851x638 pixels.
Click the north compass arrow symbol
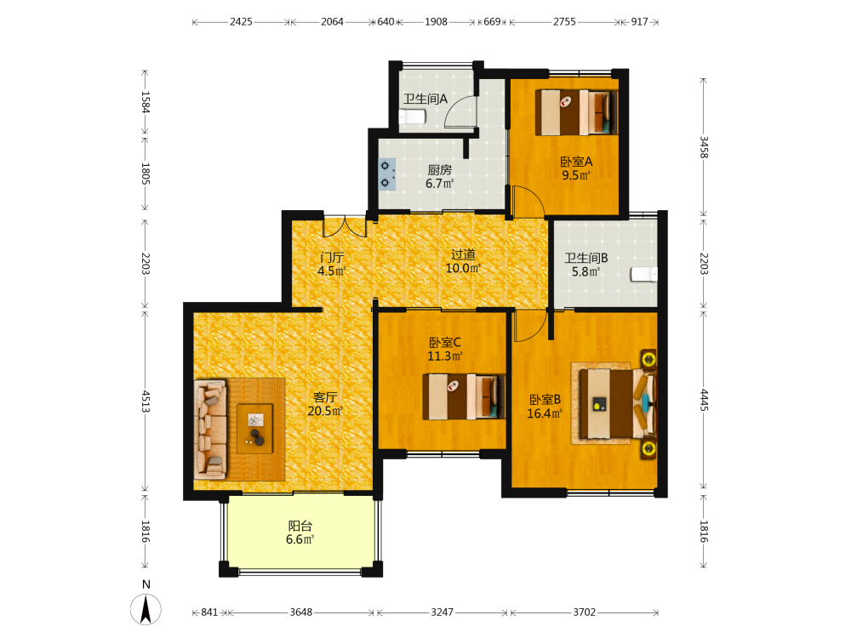point(146,609)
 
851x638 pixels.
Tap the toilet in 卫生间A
point(412,117)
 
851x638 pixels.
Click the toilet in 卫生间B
point(644,274)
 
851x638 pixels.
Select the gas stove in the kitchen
point(386,174)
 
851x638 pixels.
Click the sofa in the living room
point(210,429)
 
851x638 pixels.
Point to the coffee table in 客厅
point(254,429)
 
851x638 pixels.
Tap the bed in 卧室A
point(576,112)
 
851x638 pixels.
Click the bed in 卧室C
point(464,396)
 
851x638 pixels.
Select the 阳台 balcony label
point(300,526)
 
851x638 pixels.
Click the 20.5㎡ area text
point(325,411)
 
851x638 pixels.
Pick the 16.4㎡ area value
point(545,413)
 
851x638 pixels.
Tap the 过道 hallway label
point(464,253)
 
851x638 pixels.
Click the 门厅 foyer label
point(332,257)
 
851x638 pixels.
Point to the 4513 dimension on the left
point(146,401)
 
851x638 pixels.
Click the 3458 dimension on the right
point(704,147)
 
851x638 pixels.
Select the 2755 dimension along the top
point(564,22)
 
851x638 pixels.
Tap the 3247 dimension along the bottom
point(443,612)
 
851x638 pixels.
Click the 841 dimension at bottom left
point(209,612)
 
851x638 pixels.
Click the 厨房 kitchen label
point(440,170)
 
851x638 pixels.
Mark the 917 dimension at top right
point(639,22)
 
